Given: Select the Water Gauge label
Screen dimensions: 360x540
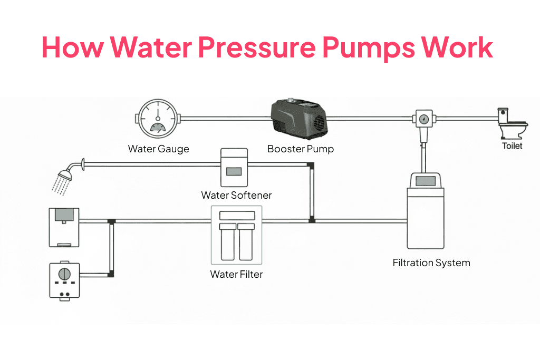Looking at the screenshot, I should (158, 149).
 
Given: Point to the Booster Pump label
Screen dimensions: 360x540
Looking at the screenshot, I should (301, 149).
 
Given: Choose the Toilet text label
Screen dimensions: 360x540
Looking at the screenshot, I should (512, 145).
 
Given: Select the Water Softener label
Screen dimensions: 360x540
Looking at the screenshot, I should (236, 195).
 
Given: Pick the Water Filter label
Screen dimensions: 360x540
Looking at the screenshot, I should (236, 274).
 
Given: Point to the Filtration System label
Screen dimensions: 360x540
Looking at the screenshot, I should (431, 262).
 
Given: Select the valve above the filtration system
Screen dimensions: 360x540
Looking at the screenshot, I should (422, 119).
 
